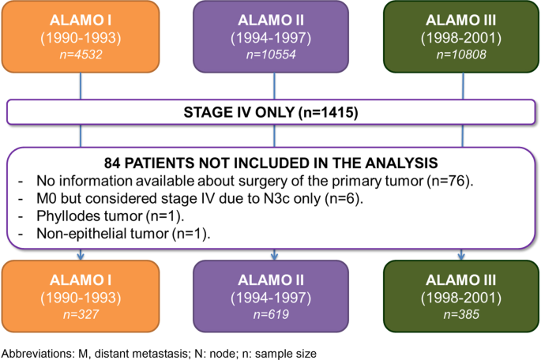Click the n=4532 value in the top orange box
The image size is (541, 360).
pos(81,54)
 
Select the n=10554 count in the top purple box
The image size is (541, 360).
pos(271,54)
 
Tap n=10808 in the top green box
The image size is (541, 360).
pos(461,54)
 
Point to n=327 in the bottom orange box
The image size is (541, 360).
pos(81,314)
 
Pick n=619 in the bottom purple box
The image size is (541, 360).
pos(271,314)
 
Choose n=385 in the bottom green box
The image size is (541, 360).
pos(461,314)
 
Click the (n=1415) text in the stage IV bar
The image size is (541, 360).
pos(328,112)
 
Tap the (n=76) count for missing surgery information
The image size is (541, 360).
pos(449,181)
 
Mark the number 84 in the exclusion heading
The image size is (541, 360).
pos(112,163)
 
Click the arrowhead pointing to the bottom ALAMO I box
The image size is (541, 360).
pos(81,257)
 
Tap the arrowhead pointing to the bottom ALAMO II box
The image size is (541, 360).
pos(274,257)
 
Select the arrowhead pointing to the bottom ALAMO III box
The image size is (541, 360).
pos(461,257)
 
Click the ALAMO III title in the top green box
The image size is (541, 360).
pos(461,21)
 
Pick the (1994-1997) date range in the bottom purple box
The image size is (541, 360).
pos(271,298)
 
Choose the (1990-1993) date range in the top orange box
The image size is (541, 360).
pos(81,38)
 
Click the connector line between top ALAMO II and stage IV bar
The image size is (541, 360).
pos(274,86)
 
